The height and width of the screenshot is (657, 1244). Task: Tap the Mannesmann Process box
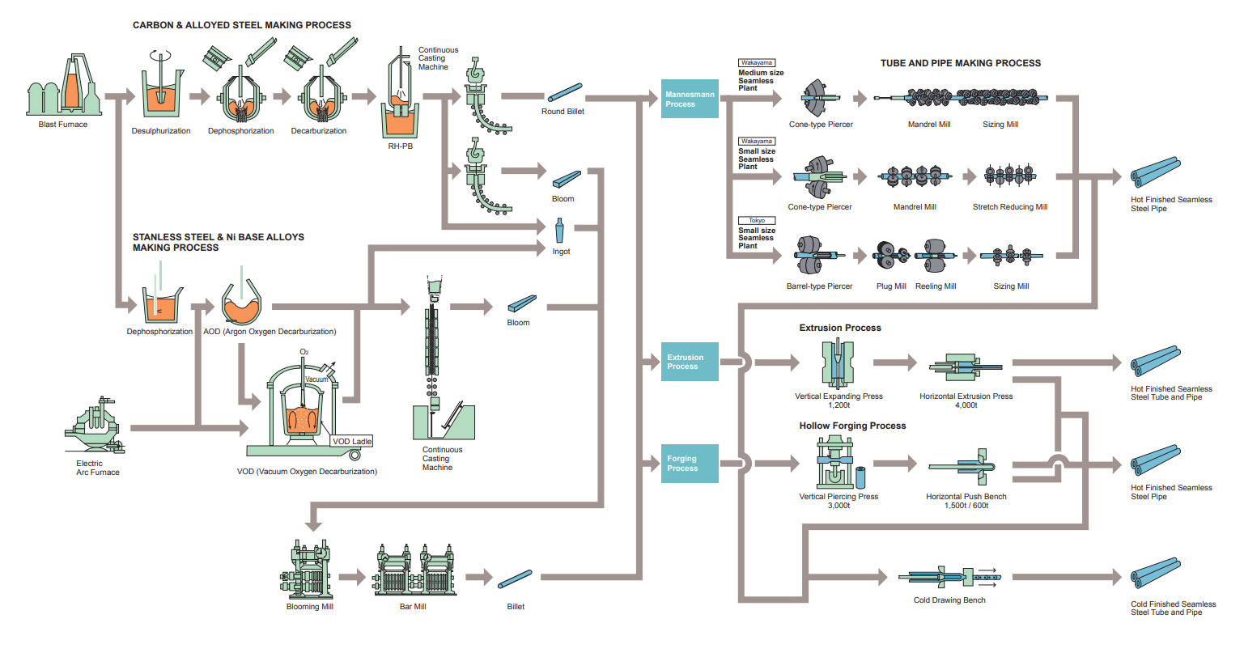690,100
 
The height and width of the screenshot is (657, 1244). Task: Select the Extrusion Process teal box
690,362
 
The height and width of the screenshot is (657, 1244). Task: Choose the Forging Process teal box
690,464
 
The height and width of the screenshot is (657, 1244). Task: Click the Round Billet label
563,112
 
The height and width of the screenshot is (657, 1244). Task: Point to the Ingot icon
558,231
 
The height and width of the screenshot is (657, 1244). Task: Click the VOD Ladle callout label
352,442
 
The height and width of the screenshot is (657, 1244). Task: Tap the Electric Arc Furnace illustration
95,427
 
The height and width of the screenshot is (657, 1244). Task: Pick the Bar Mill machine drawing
414,570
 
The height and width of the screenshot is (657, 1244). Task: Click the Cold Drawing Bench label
949,600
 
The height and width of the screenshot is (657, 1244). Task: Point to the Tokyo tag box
757,220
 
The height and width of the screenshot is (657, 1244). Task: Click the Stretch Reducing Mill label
1009,207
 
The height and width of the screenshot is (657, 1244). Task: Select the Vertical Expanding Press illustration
838,364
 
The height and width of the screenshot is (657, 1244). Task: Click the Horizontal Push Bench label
966,497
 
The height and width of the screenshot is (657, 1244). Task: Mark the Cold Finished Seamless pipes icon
1156,573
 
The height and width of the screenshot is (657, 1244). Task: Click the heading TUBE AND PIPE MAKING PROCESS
961,63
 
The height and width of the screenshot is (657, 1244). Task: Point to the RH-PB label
400,146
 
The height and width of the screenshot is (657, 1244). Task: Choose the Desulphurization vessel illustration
161,91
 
